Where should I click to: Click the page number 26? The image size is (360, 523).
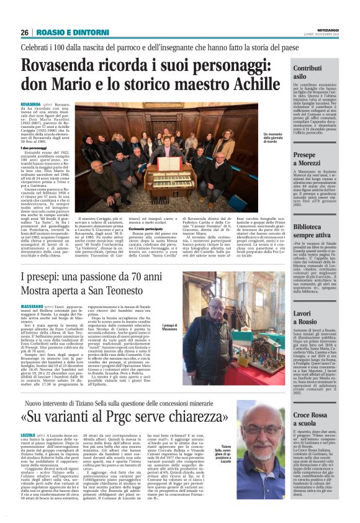(x=24, y=32)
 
